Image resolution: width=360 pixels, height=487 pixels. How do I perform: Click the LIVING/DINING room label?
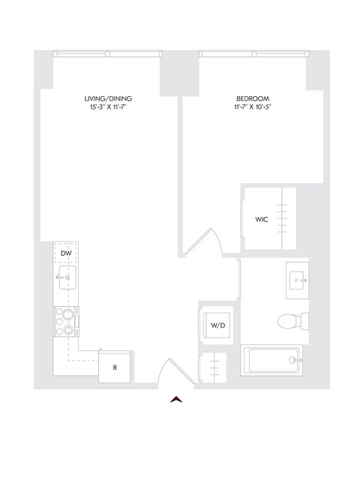(x=109, y=98)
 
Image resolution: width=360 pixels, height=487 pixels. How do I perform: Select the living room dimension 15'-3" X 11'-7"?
(x=109, y=107)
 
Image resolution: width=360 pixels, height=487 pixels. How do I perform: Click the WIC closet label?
(x=261, y=220)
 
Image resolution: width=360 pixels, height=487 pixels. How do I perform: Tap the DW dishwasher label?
(x=66, y=254)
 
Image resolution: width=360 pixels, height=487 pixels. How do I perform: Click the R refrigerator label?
(x=115, y=368)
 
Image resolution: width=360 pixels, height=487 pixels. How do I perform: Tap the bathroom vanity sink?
(x=298, y=281)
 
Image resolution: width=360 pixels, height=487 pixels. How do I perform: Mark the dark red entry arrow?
(x=177, y=398)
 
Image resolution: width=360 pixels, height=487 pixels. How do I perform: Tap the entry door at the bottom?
(x=174, y=371)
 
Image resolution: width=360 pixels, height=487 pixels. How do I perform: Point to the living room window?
(x=109, y=54)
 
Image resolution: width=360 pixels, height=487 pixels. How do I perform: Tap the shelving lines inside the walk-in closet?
(x=283, y=218)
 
